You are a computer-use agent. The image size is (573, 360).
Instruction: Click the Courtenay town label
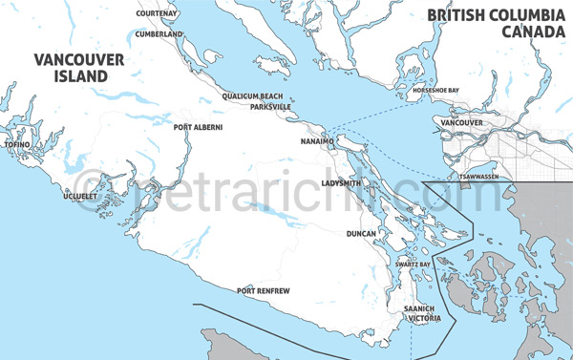click(158, 14)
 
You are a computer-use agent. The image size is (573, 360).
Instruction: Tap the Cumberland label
click(159, 33)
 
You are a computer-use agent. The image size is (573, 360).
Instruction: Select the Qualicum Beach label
click(252, 96)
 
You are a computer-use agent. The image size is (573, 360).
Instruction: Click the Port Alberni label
click(198, 126)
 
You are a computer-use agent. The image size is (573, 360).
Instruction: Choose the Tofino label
click(18, 144)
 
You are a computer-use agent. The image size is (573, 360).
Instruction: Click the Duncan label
click(362, 233)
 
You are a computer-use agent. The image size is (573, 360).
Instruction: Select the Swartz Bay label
click(413, 264)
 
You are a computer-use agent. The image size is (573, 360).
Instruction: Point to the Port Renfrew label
click(264, 290)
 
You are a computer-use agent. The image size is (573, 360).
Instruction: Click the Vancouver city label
click(462, 124)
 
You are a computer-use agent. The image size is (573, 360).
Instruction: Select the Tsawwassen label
click(478, 178)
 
